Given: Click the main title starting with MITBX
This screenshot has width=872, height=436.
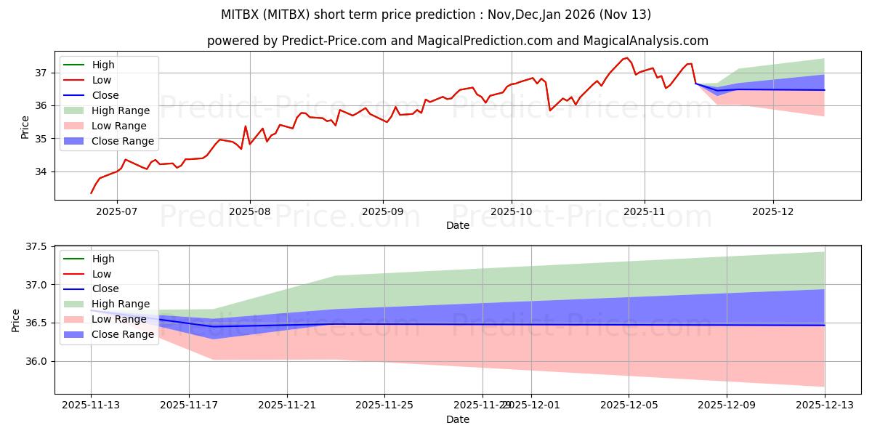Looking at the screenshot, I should (436, 15).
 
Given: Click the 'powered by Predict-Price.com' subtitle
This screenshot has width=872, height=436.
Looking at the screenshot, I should (458, 41).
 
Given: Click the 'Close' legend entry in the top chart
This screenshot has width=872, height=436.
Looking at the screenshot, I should (105, 95).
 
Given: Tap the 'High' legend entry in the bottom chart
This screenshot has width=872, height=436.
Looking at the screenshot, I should (103, 259).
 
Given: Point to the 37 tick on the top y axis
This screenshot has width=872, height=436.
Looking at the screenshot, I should (42, 73).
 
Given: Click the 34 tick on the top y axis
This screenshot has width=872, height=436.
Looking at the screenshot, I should (42, 172).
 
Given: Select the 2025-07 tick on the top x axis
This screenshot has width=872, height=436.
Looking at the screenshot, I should (118, 211).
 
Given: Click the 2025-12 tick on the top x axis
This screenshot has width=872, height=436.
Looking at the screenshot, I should (773, 211).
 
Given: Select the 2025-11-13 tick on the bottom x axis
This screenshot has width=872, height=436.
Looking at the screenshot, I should (91, 405).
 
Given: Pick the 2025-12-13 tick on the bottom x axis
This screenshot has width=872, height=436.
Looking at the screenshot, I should (825, 405).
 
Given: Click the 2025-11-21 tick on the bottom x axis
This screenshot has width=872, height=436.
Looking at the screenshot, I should (287, 405).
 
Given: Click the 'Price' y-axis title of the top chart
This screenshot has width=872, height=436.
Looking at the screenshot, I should (25, 125).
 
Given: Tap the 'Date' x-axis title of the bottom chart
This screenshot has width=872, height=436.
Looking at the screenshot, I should (458, 419).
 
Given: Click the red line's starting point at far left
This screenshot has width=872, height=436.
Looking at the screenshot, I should (91, 193).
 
